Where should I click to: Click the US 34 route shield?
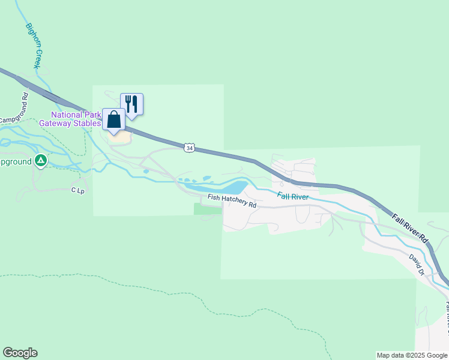[190, 148]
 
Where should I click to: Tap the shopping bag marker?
[113, 119]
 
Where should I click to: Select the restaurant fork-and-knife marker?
[131, 104]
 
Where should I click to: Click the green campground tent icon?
[40, 160]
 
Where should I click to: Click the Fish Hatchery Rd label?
[232, 201]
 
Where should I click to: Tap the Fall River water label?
[292, 196]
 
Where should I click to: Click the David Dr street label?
[417, 264]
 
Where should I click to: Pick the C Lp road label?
[77, 190]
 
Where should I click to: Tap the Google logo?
[20, 353]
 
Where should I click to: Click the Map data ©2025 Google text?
[411, 355]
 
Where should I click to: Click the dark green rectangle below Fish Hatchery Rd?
[208, 209]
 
